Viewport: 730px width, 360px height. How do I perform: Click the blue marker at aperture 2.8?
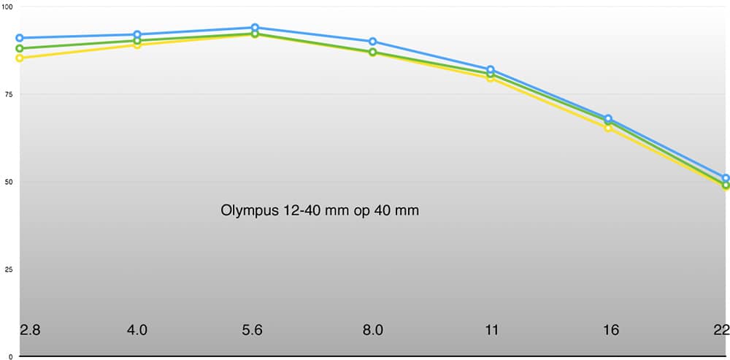(x=20, y=38)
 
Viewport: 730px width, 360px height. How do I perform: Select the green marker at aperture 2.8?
(x=20, y=48)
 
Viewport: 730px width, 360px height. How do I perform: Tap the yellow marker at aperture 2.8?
(x=20, y=58)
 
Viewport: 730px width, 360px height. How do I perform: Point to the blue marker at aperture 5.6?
(x=255, y=28)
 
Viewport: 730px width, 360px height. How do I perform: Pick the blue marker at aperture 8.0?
(x=372, y=42)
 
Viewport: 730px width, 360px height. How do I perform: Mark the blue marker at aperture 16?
(x=608, y=118)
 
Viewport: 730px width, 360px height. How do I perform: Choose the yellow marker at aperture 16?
(x=608, y=128)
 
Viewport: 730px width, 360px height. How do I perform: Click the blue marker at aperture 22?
(x=726, y=178)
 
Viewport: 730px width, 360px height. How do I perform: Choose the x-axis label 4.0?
(x=137, y=330)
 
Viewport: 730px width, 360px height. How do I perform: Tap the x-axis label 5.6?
(x=252, y=330)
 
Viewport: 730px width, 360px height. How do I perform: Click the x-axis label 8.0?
(x=372, y=330)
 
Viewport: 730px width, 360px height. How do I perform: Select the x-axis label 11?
(x=491, y=330)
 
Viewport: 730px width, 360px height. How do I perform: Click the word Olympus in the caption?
(x=249, y=211)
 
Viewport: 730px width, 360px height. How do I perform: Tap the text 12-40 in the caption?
(x=299, y=210)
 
